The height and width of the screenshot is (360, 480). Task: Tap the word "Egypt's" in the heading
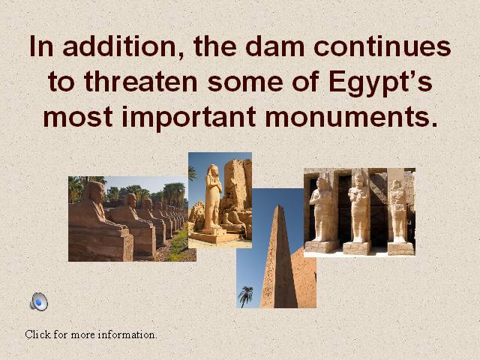tap(380, 82)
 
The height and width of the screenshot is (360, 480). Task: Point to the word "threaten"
tap(140, 81)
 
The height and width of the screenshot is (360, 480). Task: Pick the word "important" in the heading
tap(188, 118)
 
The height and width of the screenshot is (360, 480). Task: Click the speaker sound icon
tap(39, 301)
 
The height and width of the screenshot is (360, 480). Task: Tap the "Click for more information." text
tap(91, 334)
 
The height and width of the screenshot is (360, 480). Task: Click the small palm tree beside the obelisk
tap(245, 295)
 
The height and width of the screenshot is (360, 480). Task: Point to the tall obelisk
tap(278, 257)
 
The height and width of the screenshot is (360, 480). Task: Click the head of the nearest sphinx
tap(94, 192)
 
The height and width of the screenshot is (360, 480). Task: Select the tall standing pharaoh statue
tap(213, 196)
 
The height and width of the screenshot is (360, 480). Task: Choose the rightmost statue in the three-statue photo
tap(398, 211)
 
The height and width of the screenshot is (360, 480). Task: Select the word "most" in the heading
tap(78, 118)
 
